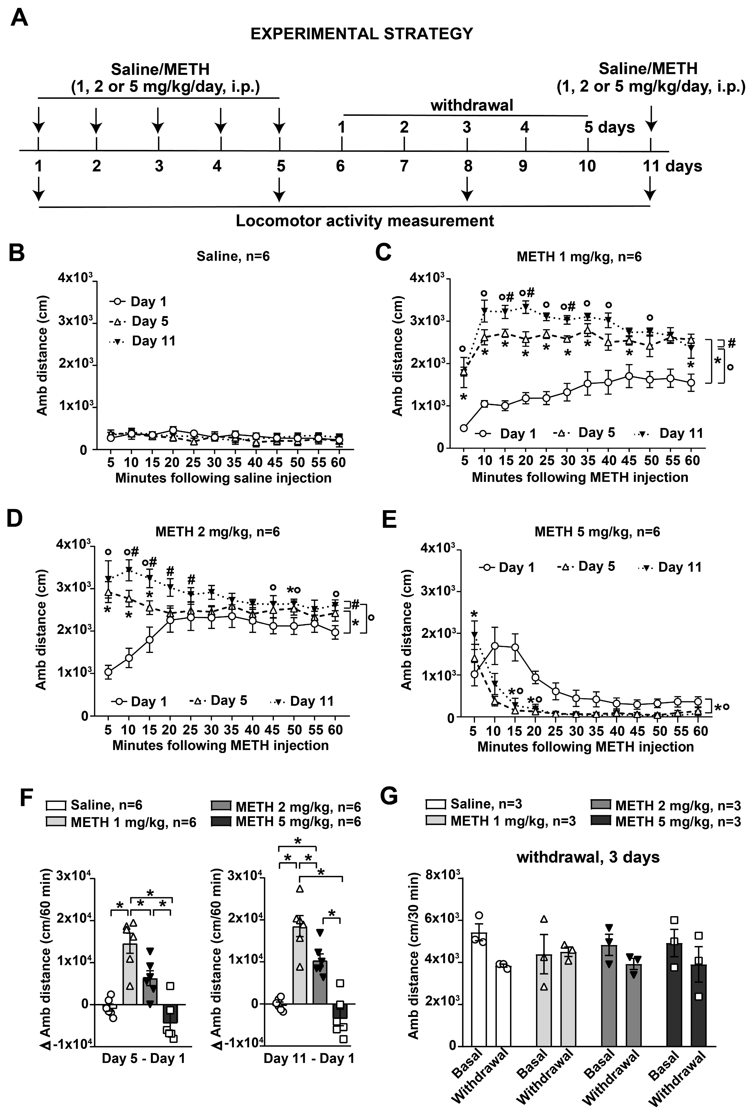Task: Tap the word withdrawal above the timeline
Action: click(x=471, y=105)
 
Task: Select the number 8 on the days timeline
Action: click(x=468, y=166)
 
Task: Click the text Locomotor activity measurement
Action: click(x=365, y=221)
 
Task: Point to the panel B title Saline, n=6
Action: click(x=233, y=256)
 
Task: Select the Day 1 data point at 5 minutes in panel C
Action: click(x=464, y=428)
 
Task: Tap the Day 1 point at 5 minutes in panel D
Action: click(x=108, y=671)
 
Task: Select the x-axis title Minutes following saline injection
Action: click(x=223, y=478)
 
